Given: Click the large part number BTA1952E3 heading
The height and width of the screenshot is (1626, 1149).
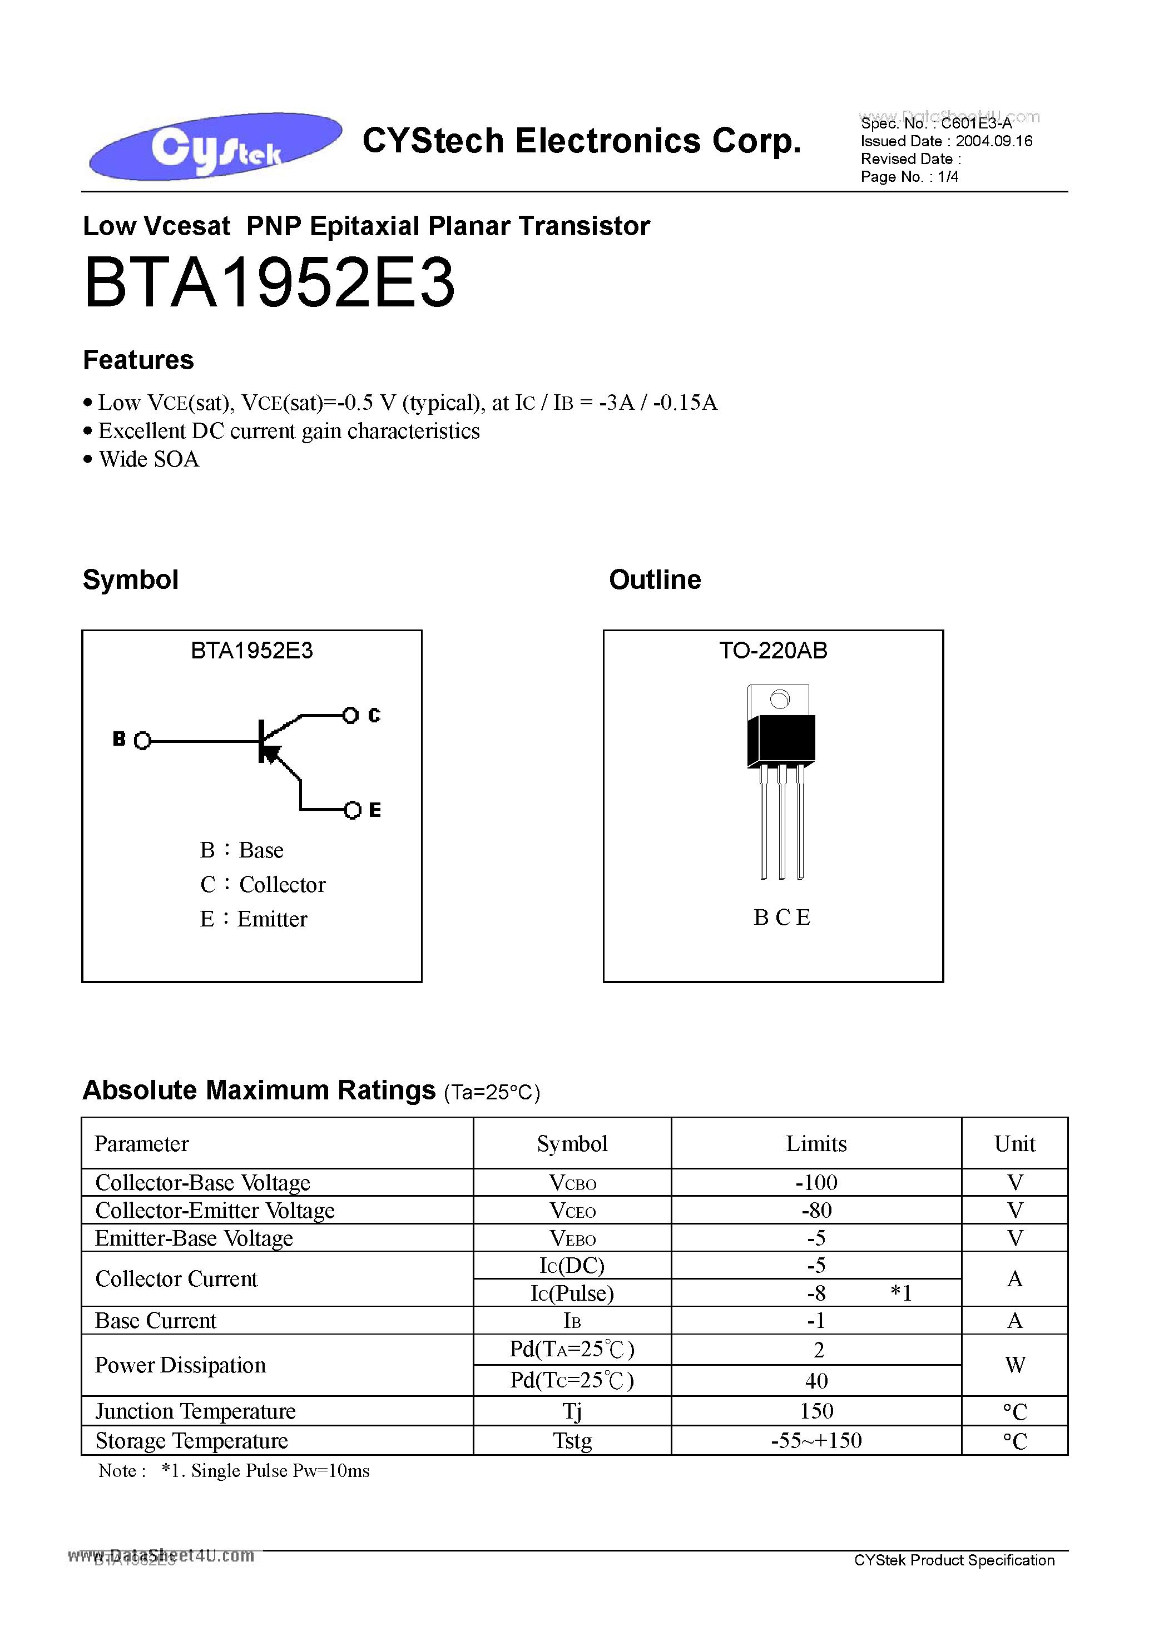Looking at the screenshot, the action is point(269,283).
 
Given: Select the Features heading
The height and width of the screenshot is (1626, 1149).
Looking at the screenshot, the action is point(138,360).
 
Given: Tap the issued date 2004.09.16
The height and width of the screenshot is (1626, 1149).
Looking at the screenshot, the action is point(993,141).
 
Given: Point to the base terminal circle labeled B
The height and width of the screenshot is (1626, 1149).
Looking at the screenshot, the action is point(142,741).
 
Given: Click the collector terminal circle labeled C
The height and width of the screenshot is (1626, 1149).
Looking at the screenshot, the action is point(350,715).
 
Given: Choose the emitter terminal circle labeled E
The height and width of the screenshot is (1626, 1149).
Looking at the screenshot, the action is point(352,810).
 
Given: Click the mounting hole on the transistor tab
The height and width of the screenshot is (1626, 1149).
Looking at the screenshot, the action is point(779,700).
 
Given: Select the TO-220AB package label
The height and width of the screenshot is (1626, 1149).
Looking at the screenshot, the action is point(773,650).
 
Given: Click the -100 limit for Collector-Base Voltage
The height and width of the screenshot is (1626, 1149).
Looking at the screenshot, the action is point(816,1183).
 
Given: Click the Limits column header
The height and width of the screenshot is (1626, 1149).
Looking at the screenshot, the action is point(816,1144).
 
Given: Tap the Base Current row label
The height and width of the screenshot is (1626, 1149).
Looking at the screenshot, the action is point(156,1321).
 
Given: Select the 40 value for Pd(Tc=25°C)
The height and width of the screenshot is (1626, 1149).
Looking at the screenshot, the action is point(816,1380).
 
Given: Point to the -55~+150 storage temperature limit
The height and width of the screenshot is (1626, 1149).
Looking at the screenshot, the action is point(816,1440).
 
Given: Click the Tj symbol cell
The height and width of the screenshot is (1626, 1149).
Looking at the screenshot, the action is point(572,1411).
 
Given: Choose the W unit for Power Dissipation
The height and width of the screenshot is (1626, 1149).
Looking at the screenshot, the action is point(1014,1365).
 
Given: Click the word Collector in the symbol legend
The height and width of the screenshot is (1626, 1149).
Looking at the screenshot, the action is point(282,885).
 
